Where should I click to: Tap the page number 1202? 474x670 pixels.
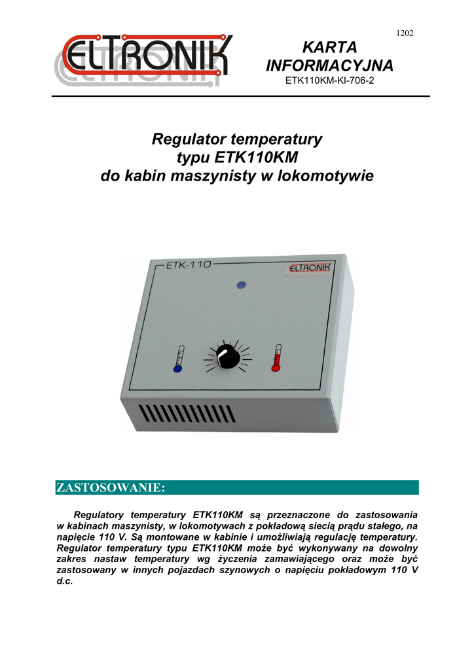coord(405,33)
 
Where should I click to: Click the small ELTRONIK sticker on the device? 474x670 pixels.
coord(310,268)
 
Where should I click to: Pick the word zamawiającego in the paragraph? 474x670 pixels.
coord(273,559)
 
